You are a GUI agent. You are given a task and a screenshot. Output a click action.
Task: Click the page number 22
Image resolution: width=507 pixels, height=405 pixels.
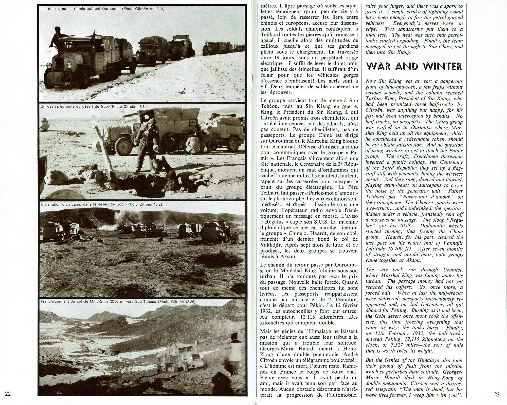coord(8,394)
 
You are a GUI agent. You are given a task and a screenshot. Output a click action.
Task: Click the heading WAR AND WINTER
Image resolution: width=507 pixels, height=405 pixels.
coord(414,66)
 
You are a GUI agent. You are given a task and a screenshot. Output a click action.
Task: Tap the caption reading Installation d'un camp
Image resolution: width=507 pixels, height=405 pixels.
coord(100,204)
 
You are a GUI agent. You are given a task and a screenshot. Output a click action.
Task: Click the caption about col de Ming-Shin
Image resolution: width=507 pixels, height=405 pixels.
coord(118,302)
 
